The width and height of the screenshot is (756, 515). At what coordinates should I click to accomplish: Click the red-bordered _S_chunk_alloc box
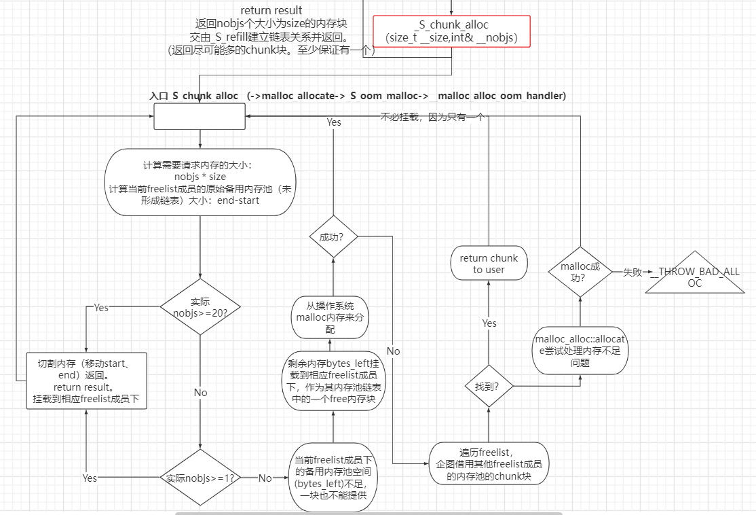(x=451, y=31)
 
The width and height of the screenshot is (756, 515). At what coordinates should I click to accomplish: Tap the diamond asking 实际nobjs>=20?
(x=200, y=307)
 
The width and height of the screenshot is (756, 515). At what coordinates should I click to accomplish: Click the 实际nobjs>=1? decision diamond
(x=200, y=478)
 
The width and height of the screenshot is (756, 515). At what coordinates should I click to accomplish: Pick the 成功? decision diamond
(x=333, y=237)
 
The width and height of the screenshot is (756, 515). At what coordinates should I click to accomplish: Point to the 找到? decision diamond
(x=489, y=386)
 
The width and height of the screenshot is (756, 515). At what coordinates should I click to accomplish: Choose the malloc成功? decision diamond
(x=580, y=272)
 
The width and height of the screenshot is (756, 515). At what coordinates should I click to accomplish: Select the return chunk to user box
(x=489, y=264)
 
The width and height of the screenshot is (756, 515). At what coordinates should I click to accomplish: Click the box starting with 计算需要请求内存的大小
(x=200, y=182)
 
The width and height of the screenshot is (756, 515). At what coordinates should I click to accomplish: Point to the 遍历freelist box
(x=489, y=464)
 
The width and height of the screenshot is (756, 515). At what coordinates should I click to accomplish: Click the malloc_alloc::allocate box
(x=580, y=350)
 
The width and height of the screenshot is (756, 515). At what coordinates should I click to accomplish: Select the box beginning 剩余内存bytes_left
(x=333, y=381)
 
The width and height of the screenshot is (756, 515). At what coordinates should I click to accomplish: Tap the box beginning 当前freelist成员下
(x=333, y=477)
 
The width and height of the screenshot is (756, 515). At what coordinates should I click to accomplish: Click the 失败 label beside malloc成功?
(x=632, y=272)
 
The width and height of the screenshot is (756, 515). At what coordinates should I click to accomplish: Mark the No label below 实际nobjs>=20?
(x=200, y=393)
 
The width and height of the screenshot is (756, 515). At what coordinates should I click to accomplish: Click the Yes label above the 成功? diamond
(x=334, y=122)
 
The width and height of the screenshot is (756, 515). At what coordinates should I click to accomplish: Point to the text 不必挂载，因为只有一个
(x=432, y=117)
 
